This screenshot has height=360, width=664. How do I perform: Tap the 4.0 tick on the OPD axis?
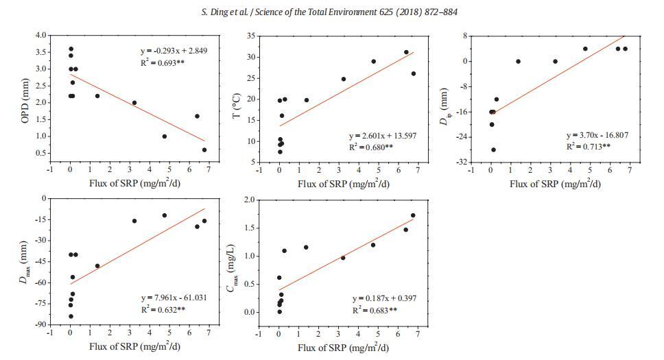(x=41, y=35)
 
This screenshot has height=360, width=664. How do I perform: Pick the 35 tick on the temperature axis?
(x=252, y=35)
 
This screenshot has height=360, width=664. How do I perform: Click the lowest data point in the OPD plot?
(x=204, y=149)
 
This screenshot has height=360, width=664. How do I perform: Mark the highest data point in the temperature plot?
(x=406, y=52)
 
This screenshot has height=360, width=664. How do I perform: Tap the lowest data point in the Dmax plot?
(x=71, y=316)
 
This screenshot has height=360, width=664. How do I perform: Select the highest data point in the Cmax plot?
(x=413, y=215)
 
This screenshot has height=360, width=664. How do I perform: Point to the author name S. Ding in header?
(x=217, y=12)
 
